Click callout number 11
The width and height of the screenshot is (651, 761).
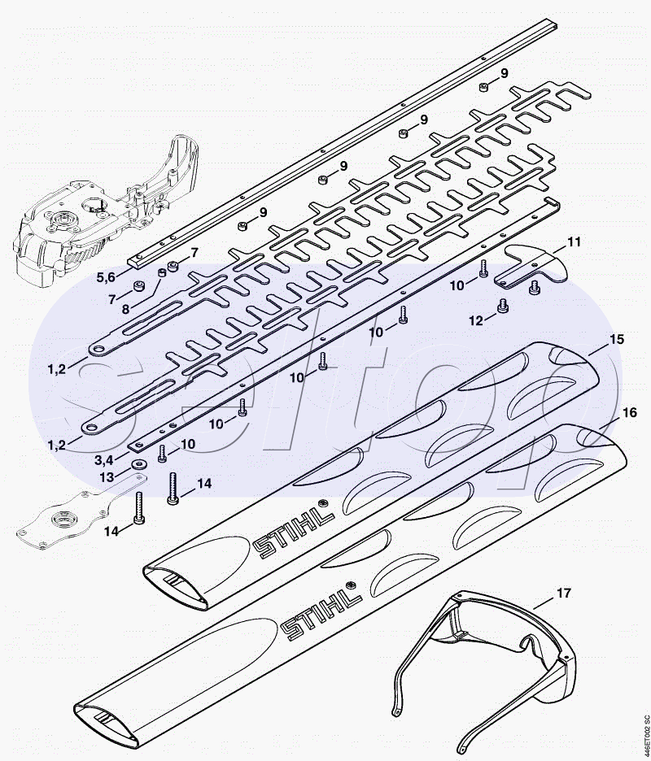pos(574,241)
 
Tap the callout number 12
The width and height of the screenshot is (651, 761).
pos(475,321)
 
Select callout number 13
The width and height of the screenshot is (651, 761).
pos(107,477)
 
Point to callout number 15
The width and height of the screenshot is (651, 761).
pos(617,339)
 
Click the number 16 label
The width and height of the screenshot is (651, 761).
pos(629,412)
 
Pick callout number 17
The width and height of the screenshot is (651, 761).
pos(564,593)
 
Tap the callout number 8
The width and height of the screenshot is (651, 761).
pos(126,309)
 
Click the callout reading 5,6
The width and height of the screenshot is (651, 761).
pos(106,277)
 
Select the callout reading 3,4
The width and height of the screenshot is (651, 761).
pos(107,459)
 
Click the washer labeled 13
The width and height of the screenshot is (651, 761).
pos(138,463)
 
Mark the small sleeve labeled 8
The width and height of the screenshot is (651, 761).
pos(163,272)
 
